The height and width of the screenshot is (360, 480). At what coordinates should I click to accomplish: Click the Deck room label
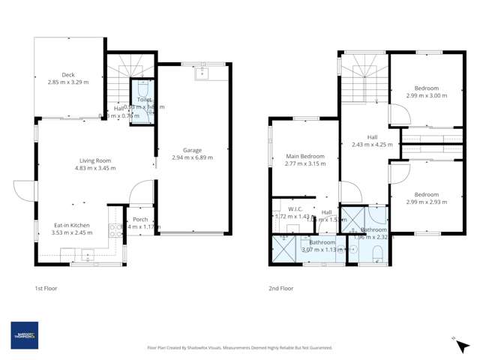point(68,74)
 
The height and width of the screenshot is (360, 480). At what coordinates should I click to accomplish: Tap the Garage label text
point(192,149)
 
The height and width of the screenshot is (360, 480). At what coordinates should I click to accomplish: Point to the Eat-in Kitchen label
point(71,224)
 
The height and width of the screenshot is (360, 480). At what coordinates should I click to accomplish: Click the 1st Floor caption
point(46,288)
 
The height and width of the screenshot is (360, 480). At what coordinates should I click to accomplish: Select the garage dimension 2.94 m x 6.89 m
point(192,157)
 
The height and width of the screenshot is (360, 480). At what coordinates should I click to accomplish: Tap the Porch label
point(140,219)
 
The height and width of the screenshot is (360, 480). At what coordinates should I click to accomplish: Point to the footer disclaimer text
point(239,347)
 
